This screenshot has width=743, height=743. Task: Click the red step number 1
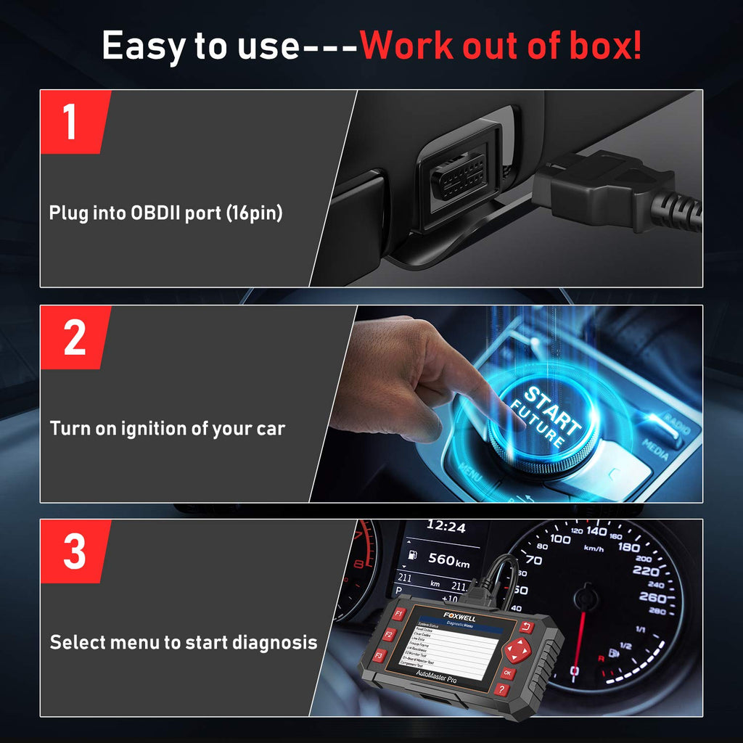coord(70,122)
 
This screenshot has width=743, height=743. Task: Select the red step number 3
coord(74,551)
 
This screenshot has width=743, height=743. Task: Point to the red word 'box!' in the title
coord(607,45)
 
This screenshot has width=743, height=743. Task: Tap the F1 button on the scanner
coord(398,615)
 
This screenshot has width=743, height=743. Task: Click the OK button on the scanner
coord(507,673)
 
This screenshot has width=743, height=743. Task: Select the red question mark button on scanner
coord(501,690)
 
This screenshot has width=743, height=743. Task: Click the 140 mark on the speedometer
coord(596,531)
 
